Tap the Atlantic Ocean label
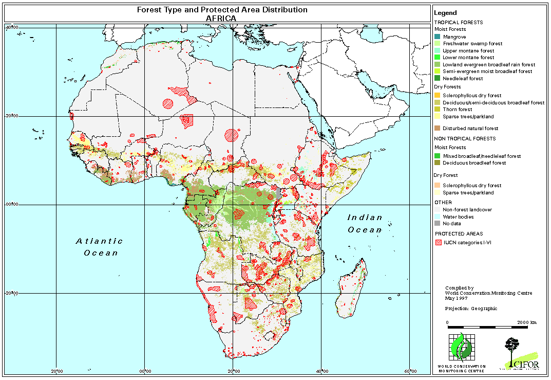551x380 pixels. click(x=100, y=247)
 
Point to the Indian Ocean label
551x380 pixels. click(x=365, y=223)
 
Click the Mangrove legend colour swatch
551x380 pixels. click(x=437, y=37)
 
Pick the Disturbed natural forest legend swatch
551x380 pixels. click(x=437, y=129)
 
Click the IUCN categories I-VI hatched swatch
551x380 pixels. click(x=437, y=243)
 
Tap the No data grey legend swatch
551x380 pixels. click(x=437, y=224)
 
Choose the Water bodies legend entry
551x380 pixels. click(x=458, y=216)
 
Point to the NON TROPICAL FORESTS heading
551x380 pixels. click(x=465, y=139)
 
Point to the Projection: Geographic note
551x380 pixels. click(x=471, y=309)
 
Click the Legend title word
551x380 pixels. click(x=445, y=13)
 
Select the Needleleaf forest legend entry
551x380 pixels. click(x=462, y=79)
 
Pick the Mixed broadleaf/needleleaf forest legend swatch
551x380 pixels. click(x=437, y=156)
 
